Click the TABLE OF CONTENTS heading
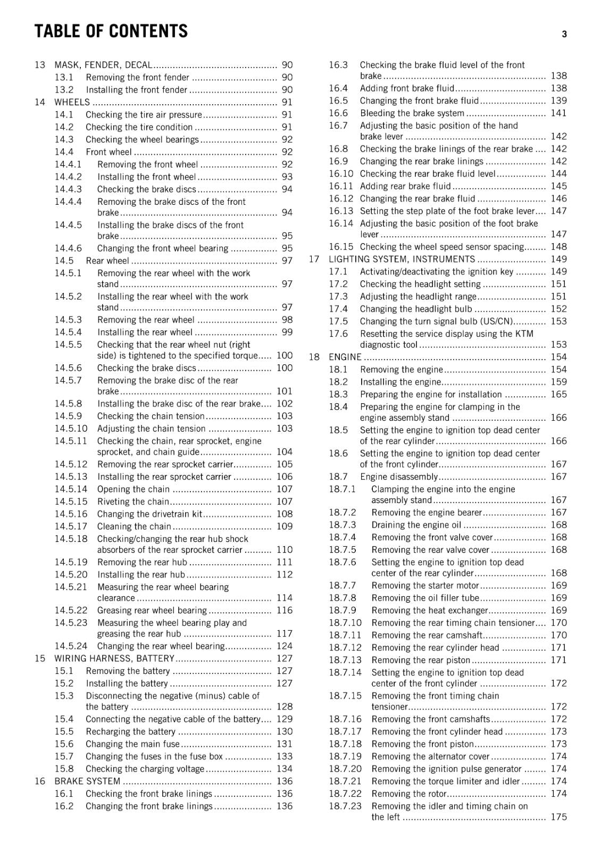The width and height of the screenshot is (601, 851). [111, 31]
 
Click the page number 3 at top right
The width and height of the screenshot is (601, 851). [564, 35]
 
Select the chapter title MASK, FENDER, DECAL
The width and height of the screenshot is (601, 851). [103, 65]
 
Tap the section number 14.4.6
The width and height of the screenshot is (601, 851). [68, 248]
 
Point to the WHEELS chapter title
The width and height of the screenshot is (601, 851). [72, 102]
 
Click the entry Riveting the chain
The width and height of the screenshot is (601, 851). [133, 502]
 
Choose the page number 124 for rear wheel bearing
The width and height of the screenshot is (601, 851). [285, 646]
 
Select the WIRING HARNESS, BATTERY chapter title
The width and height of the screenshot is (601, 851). [114, 658]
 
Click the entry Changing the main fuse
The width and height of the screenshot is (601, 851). [132, 744]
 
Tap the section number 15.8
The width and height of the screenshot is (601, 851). [64, 769]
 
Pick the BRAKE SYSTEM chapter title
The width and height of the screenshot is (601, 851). [87, 781]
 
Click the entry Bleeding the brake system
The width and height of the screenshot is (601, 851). [412, 113]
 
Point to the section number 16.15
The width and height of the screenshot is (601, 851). [341, 247]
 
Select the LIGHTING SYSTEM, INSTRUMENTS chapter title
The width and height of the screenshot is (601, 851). [402, 259]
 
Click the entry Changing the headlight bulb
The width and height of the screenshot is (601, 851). [416, 309]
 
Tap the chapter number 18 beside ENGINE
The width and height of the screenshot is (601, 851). [314, 357]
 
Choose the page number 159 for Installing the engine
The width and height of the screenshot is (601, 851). [559, 382]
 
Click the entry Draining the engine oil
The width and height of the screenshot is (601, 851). [416, 525]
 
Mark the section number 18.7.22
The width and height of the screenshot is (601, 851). [345, 794]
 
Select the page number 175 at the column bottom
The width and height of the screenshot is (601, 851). [559, 817]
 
